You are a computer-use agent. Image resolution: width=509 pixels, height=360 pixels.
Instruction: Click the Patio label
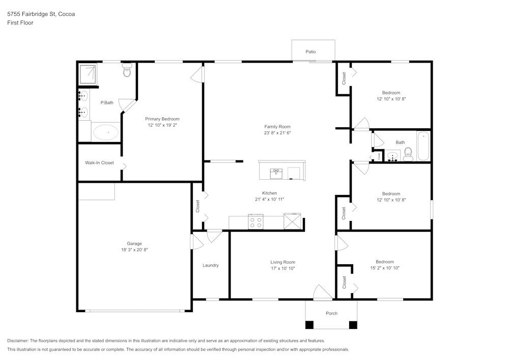pyautogui.click(x=310, y=52)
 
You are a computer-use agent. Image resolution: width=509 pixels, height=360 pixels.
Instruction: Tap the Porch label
pyautogui.click(x=331, y=313)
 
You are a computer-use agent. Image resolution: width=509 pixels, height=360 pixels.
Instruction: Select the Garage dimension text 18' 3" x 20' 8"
pyautogui.click(x=134, y=250)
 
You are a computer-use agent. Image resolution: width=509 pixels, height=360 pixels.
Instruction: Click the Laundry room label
pyautogui.click(x=210, y=265)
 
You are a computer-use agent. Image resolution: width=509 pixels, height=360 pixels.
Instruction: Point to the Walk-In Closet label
pyautogui.click(x=99, y=163)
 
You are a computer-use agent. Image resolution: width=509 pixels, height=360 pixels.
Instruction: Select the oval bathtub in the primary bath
pyautogui.click(x=106, y=132)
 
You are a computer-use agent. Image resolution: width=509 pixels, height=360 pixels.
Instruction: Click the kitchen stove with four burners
pyautogui.click(x=256, y=223)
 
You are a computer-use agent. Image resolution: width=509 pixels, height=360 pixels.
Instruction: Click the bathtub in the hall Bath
pyautogui.click(x=423, y=146)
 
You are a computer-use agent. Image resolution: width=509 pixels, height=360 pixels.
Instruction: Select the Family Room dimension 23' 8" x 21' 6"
pyautogui.click(x=277, y=133)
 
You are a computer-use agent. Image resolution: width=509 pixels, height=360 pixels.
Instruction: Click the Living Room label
pyautogui.click(x=282, y=262)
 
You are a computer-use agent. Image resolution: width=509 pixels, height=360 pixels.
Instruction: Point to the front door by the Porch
pyautogui.click(x=323, y=294)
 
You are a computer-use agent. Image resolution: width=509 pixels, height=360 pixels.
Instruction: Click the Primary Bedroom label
pyautogui.click(x=162, y=119)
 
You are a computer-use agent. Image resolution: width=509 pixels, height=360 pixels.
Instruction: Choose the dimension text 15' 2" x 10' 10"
pyautogui.click(x=385, y=268)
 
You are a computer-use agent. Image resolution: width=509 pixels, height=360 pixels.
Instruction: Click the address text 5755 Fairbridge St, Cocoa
pyautogui.click(x=41, y=14)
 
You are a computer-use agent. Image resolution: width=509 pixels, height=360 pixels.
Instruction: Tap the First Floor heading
pyautogui.click(x=20, y=23)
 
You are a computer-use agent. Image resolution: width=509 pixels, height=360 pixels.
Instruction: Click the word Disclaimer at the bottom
pyautogui.click(x=18, y=341)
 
